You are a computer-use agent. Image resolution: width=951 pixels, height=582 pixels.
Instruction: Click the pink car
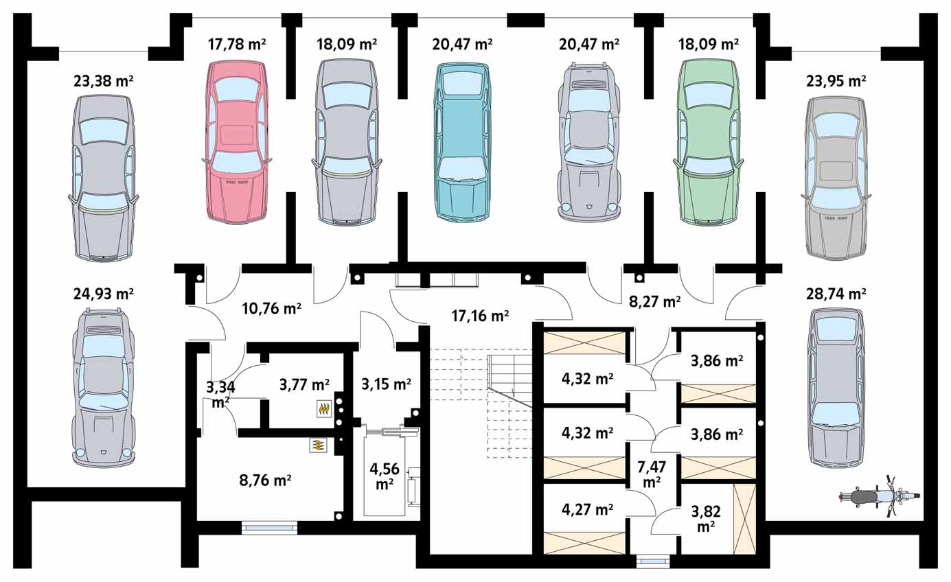(x=236, y=142)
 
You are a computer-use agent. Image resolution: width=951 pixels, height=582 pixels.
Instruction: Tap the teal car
(x=462, y=141)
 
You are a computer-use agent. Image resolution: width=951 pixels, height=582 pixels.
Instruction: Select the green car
(x=708, y=142)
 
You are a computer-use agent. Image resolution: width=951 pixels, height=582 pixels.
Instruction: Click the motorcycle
(x=880, y=496)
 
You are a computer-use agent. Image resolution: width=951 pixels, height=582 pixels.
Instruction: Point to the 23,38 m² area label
(x=104, y=80)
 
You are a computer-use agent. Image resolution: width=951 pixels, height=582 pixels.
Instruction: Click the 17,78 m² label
(x=237, y=44)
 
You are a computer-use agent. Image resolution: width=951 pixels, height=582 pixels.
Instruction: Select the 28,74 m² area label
(x=836, y=293)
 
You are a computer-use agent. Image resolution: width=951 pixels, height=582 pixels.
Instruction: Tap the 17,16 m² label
(x=480, y=316)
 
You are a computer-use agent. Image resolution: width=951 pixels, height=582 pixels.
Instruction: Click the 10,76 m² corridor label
(x=272, y=308)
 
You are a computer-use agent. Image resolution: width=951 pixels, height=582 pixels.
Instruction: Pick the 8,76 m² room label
(x=265, y=480)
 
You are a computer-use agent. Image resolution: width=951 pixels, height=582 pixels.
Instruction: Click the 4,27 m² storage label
(x=587, y=509)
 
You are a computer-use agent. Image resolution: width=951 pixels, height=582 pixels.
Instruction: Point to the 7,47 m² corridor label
(x=652, y=474)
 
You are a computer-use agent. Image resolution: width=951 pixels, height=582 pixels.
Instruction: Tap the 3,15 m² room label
(x=386, y=384)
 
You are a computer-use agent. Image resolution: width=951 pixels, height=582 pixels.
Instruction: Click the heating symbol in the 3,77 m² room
(x=324, y=409)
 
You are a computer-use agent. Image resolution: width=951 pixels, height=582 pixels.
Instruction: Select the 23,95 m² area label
(x=836, y=80)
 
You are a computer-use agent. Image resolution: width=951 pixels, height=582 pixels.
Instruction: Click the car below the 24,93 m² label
(x=104, y=388)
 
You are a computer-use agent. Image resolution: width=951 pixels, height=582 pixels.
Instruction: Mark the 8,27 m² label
(x=654, y=301)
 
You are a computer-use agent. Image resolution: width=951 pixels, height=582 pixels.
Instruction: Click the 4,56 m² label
(x=385, y=476)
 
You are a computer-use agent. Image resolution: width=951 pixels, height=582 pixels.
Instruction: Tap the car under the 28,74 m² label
(x=836, y=387)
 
